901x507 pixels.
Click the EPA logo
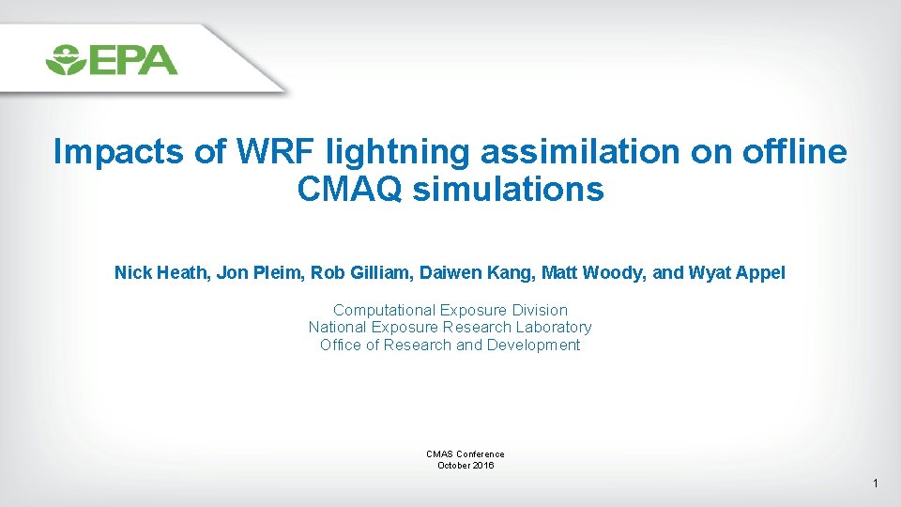click(x=111, y=59)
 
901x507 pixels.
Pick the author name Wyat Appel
click(x=737, y=273)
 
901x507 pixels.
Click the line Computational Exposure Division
click(x=450, y=310)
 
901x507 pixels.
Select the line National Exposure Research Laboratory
click(x=450, y=328)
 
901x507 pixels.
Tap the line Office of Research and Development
click(x=450, y=346)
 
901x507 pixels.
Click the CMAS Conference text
click(x=466, y=454)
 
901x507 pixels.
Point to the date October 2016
click(x=466, y=466)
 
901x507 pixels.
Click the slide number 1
click(x=875, y=484)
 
